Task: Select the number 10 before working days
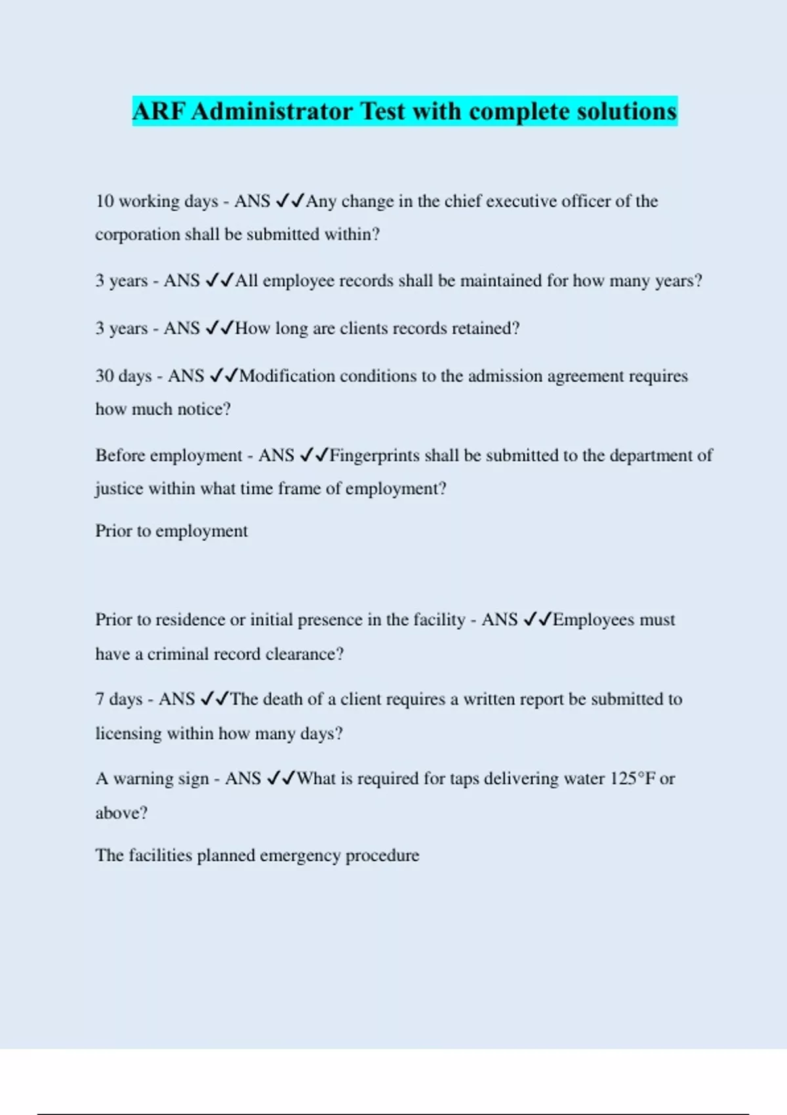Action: click(x=104, y=201)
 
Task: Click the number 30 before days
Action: click(x=104, y=376)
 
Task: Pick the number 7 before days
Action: click(x=100, y=699)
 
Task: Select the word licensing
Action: click(x=128, y=733)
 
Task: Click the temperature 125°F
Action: click(x=633, y=779)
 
